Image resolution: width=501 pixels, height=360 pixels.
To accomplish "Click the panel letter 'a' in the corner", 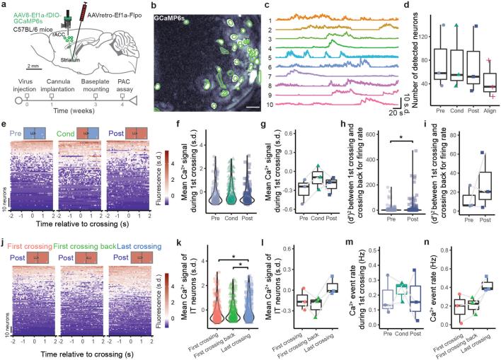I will pyautogui.click(x=4, y=5).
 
